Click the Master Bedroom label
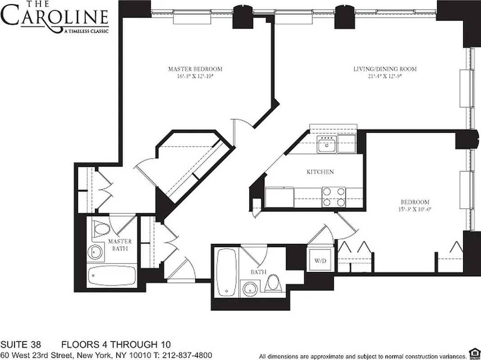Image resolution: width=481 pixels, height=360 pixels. [x=195, y=69]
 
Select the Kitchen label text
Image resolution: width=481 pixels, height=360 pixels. [x=320, y=171]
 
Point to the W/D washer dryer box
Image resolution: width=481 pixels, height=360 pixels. [x=320, y=260]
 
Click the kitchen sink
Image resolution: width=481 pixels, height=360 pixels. [x=326, y=146]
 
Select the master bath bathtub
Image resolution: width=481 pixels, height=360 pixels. [x=111, y=275]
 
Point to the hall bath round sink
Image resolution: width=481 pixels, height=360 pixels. [x=250, y=288]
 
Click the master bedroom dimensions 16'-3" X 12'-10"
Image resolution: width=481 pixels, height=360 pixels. [x=195, y=76]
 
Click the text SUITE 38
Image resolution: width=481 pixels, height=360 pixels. [x=21, y=345]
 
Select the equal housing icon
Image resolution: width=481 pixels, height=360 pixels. [x=473, y=352]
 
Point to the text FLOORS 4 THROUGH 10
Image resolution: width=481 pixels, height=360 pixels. [x=109, y=345]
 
